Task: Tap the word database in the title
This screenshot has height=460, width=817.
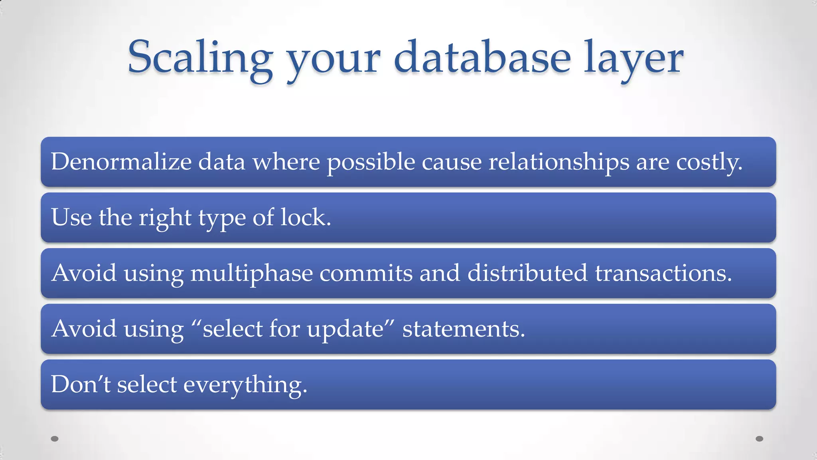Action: tap(482, 58)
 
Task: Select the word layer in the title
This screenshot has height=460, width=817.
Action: tap(633, 60)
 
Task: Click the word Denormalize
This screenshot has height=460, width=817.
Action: tap(121, 162)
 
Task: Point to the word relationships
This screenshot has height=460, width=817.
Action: tap(558, 162)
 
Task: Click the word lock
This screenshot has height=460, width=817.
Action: tap(306, 218)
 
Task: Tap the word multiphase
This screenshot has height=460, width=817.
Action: tap(251, 274)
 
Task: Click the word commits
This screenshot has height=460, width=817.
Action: tap(366, 273)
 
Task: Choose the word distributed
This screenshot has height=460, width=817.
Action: tap(527, 273)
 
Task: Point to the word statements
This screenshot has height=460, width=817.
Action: tap(464, 329)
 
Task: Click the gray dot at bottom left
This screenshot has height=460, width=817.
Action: tap(55, 439)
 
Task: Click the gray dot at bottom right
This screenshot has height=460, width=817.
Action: tap(760, 439)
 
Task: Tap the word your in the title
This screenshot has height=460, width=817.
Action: tap(334, 60)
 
